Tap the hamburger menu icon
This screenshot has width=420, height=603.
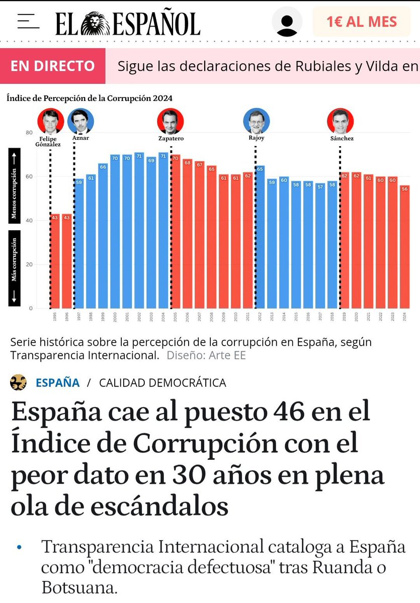pyautogui.click(x=28, y=22)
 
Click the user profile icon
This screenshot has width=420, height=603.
pyautogui.click(x=287, y=22)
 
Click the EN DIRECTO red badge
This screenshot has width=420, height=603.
pyautogui.click(x=53, y=66)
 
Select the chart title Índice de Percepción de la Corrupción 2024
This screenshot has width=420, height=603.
pyautogui.click(x=90, y=98)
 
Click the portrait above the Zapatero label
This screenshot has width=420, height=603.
pyautogui.click(x=171, y=122)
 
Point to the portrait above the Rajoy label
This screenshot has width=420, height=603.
pyautogui.click(x=257, y=122)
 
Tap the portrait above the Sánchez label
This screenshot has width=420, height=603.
pyautogui.click(x=340, y=122)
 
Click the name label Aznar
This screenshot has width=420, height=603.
pyautogui.click(x=80, y=138)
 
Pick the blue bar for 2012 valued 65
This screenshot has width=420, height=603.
pyautogui.click(x=260, y=237)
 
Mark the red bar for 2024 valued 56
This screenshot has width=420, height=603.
pyautogui.click(x=405, y=247)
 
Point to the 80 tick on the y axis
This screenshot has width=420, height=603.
pyautogui.click(x=29, y=133)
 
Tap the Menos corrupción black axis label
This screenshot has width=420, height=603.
pyautogui.click(x=14, y=186)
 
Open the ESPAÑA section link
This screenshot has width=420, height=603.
pyautogui.click(x=57, y=382)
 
